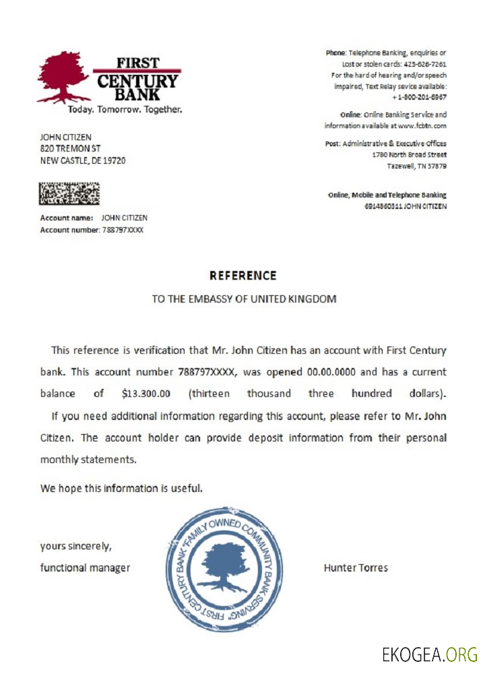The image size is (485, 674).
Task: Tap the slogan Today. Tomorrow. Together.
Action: pyautogui.click(x=125, y=109)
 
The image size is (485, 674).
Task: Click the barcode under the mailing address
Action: pyautogui.click(x=69, y=193)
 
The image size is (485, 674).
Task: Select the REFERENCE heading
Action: pyautogui.click(x=243, y=275)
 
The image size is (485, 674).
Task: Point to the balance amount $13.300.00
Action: pyautogui.click(x=146, y=393)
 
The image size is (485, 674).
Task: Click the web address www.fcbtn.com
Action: pyautogui.click(x=421, y=125)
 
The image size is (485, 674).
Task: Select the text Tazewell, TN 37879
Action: pyautogui.click(x=416, y=166)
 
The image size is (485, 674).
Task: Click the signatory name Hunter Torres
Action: pyautogui.click(x=356, y=568)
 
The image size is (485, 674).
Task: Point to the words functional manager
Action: pyautogui.click(x=85, y=568)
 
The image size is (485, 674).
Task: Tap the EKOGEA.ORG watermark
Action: pyautogui.click(x=429, y=654)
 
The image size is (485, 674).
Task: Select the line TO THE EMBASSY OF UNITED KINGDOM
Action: pyautogui.click(x=243, y=299)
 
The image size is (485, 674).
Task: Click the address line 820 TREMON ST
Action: pyautogui.click(x=70, y=148)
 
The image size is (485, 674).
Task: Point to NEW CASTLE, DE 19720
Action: pyautogui.click(x=82, y=160)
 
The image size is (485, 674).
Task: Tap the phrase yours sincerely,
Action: pyautogui.click(x=71, y=546)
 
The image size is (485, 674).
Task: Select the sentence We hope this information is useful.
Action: pyautogui.click(x=121, y=487)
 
